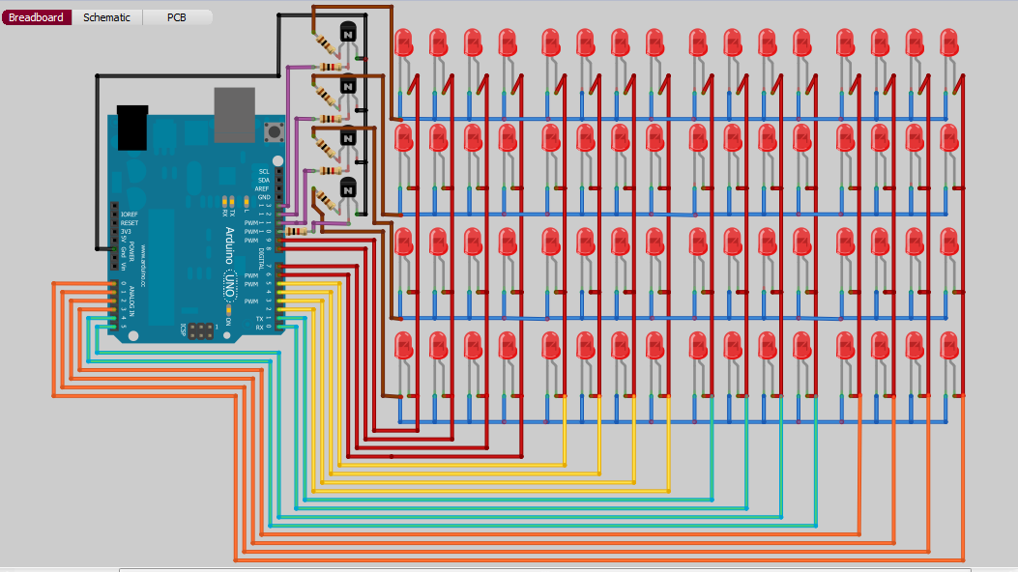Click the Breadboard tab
(x=37, y=17)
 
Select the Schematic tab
(x=106, y=17)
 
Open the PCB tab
(x=177, y=17)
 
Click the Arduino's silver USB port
(x=235, y=115)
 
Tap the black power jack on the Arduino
(x=131, y=127)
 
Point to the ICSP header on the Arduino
(x=202, y=330)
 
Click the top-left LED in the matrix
(x=404, y=43)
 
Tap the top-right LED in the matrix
(x=948, y=43)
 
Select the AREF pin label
(x=264, y=188)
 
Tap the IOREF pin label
(x=130, y=214)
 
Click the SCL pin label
(x=264, y=171)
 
